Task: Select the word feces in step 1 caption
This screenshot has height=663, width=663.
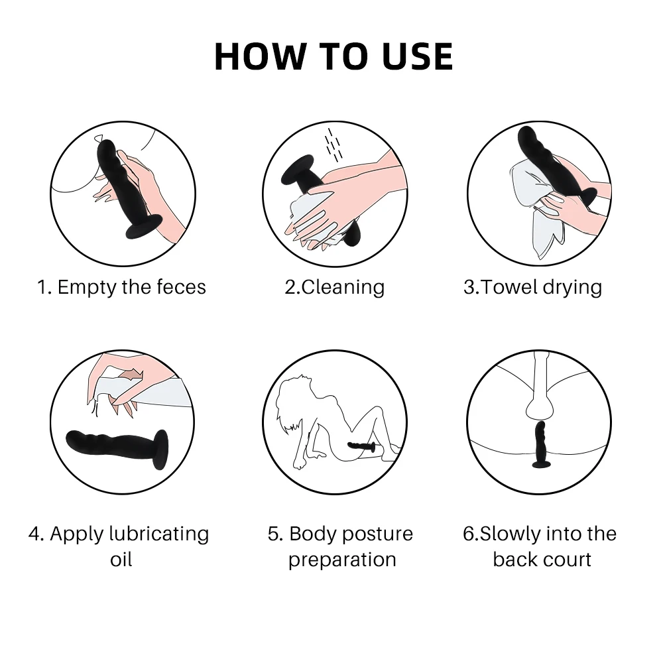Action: (x=181, y=287)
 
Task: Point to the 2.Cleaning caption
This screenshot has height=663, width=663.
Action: (x=334, y=287)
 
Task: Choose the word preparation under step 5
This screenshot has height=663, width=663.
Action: (x=342, y=560)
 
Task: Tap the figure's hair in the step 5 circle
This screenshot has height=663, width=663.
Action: (x=292, y=398)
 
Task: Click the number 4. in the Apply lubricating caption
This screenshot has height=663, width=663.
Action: (x=36, y=534)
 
